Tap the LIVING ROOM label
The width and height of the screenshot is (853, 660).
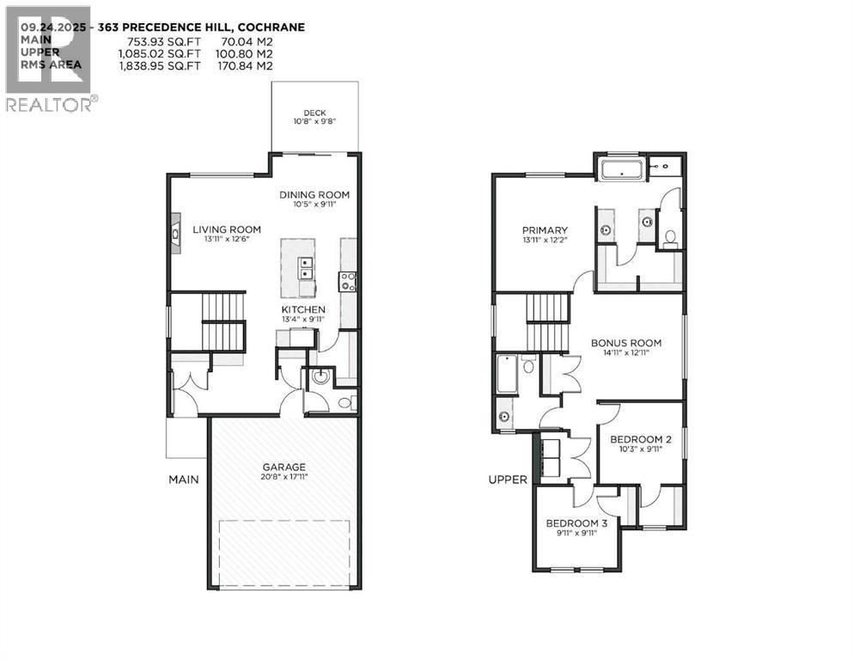point(226,229)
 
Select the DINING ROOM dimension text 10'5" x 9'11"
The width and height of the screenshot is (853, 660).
point(314,205)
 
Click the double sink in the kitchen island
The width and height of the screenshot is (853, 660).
point(305,267)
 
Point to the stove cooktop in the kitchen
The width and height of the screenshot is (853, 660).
point(349,281)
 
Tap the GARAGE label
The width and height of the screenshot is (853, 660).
point(283,467)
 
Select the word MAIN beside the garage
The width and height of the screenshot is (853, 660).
point(183,479)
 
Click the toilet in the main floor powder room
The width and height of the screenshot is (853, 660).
point(344,402)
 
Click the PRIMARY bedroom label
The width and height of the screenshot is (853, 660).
point(545,230)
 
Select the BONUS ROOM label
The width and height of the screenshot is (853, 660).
point(625,343)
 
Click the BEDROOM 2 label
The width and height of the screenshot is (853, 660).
point(640,440)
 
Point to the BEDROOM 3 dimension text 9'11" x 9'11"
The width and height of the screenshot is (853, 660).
point(576,533)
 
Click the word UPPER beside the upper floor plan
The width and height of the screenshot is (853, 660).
point(508,480)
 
